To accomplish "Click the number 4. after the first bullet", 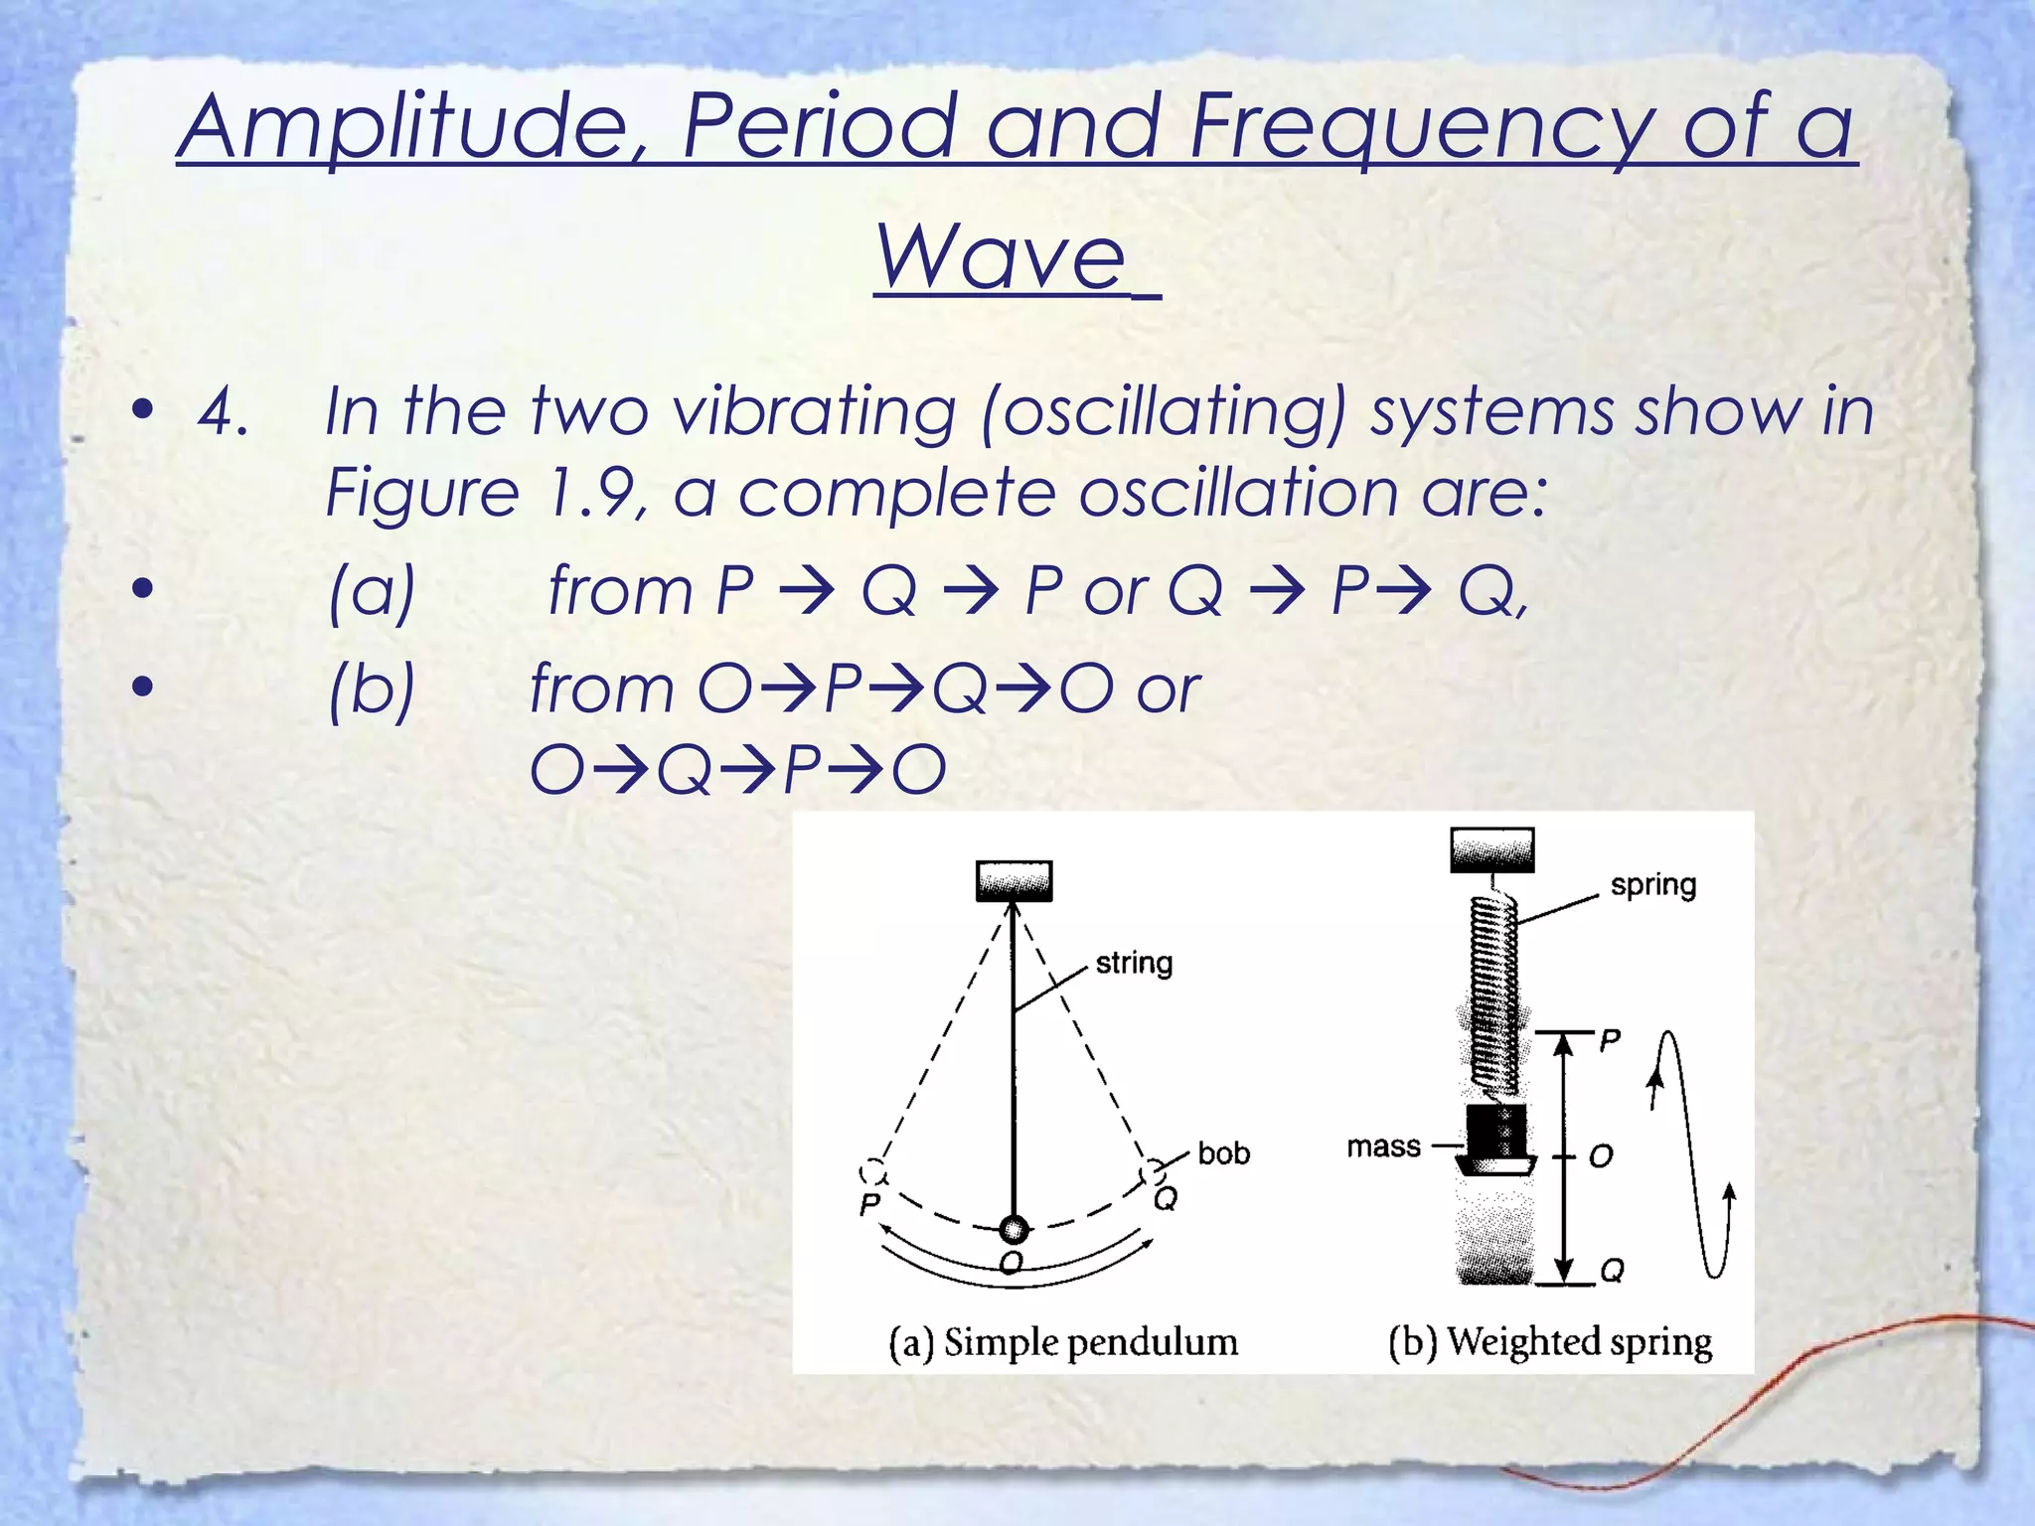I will pos(223,411).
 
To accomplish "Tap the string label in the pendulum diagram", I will pos(1134,963).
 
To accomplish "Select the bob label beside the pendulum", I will pos(1223,1153).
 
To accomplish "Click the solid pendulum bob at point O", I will pos(1014,1230).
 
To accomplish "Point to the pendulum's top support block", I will pos(1014,880).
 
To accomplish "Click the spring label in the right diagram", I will pos(1652,884).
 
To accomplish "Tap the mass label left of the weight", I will pos(1383,1146).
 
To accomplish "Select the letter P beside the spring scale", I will pos(1610,1040).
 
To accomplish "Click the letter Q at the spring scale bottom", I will pos(1612,1271).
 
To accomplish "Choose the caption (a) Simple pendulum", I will pos(1063,1342).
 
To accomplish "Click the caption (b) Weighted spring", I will pos(1550,1342).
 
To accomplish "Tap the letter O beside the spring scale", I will pos(1601,1155).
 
